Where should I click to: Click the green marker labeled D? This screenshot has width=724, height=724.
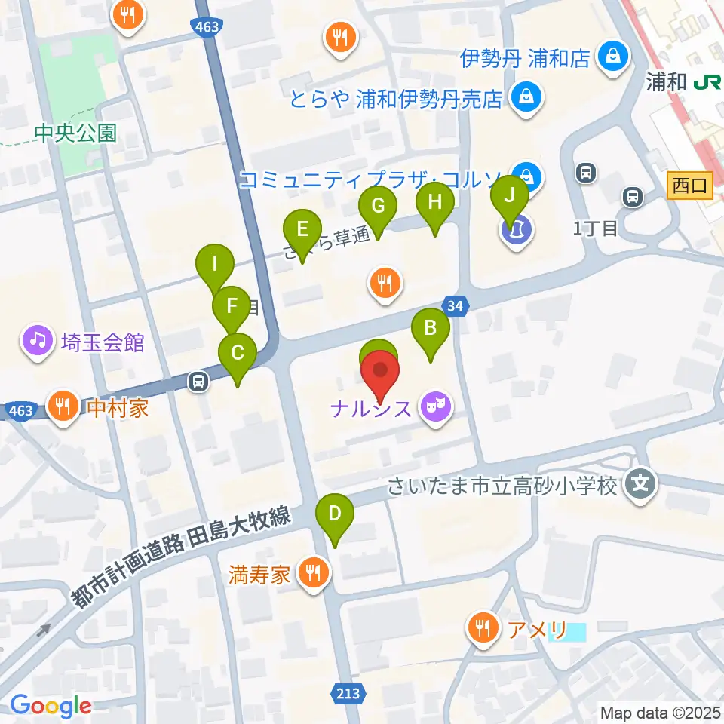click(335, 515)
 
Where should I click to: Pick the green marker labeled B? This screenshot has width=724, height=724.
click(431, 329)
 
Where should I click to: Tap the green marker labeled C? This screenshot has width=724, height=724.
click(238, 353)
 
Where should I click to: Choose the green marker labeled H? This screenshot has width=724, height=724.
click(434, 202)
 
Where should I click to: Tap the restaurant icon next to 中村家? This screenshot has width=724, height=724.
click(63, 407)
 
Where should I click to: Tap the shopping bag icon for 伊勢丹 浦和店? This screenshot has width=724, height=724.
click(613, 57)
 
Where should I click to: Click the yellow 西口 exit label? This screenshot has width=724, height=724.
click(690, 186)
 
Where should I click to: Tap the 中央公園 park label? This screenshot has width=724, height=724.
click(75, 133)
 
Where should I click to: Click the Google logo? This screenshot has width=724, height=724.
click(51, 706)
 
